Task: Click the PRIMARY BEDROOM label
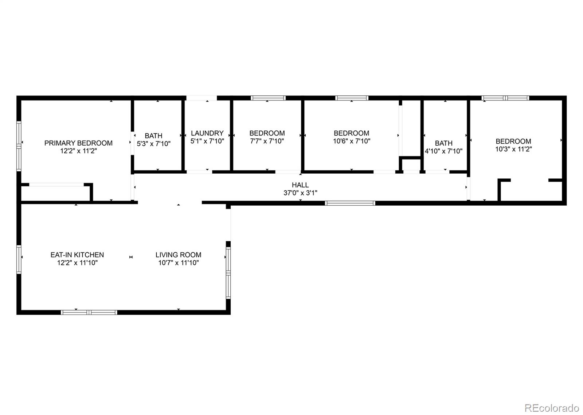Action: (x=78, y=143)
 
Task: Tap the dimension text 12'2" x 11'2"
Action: (x=79, y=151)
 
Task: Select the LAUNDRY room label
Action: (x=207, y=133)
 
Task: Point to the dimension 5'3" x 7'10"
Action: (x=153, y=143)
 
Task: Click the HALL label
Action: (x=300, y=185)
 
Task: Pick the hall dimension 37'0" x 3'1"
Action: (x=300, y=193)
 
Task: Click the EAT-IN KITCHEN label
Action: (x=77, y=255)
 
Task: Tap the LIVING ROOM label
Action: (x=178, y=255)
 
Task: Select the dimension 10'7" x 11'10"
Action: (x=179, y=262)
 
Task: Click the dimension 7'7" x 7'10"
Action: (x=267, y=141)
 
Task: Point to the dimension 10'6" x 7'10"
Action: (x=352, y=141)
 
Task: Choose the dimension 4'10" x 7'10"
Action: (x=443, y=151)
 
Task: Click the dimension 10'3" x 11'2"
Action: (x=513, y=149)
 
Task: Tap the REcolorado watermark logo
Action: (x=552, y=407)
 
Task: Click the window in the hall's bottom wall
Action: (x=350, y=203)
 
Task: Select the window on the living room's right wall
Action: (x=228, y=273)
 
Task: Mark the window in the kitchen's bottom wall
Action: (x=89, y=312)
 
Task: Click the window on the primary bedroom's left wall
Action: (x=19, y=146)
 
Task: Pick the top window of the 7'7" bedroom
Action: (x=268, y=98)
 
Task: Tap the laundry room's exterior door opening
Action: (x=201, y=98)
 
